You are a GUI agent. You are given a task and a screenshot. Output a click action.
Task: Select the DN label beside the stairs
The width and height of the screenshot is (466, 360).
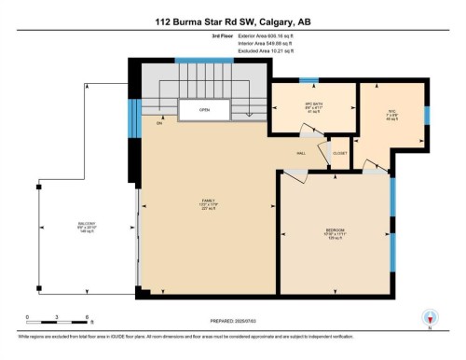pyautogui.click(x=159, y=123)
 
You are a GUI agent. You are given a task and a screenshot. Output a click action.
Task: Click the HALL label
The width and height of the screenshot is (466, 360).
pyautogui.click(x=302, y=153)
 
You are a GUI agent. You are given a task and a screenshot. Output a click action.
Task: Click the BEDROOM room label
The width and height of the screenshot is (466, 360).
pyautogui.click(x=336, y=230)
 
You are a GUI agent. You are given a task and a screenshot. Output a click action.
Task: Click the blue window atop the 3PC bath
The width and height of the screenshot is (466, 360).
pyautogui.click(x=308, y=80)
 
